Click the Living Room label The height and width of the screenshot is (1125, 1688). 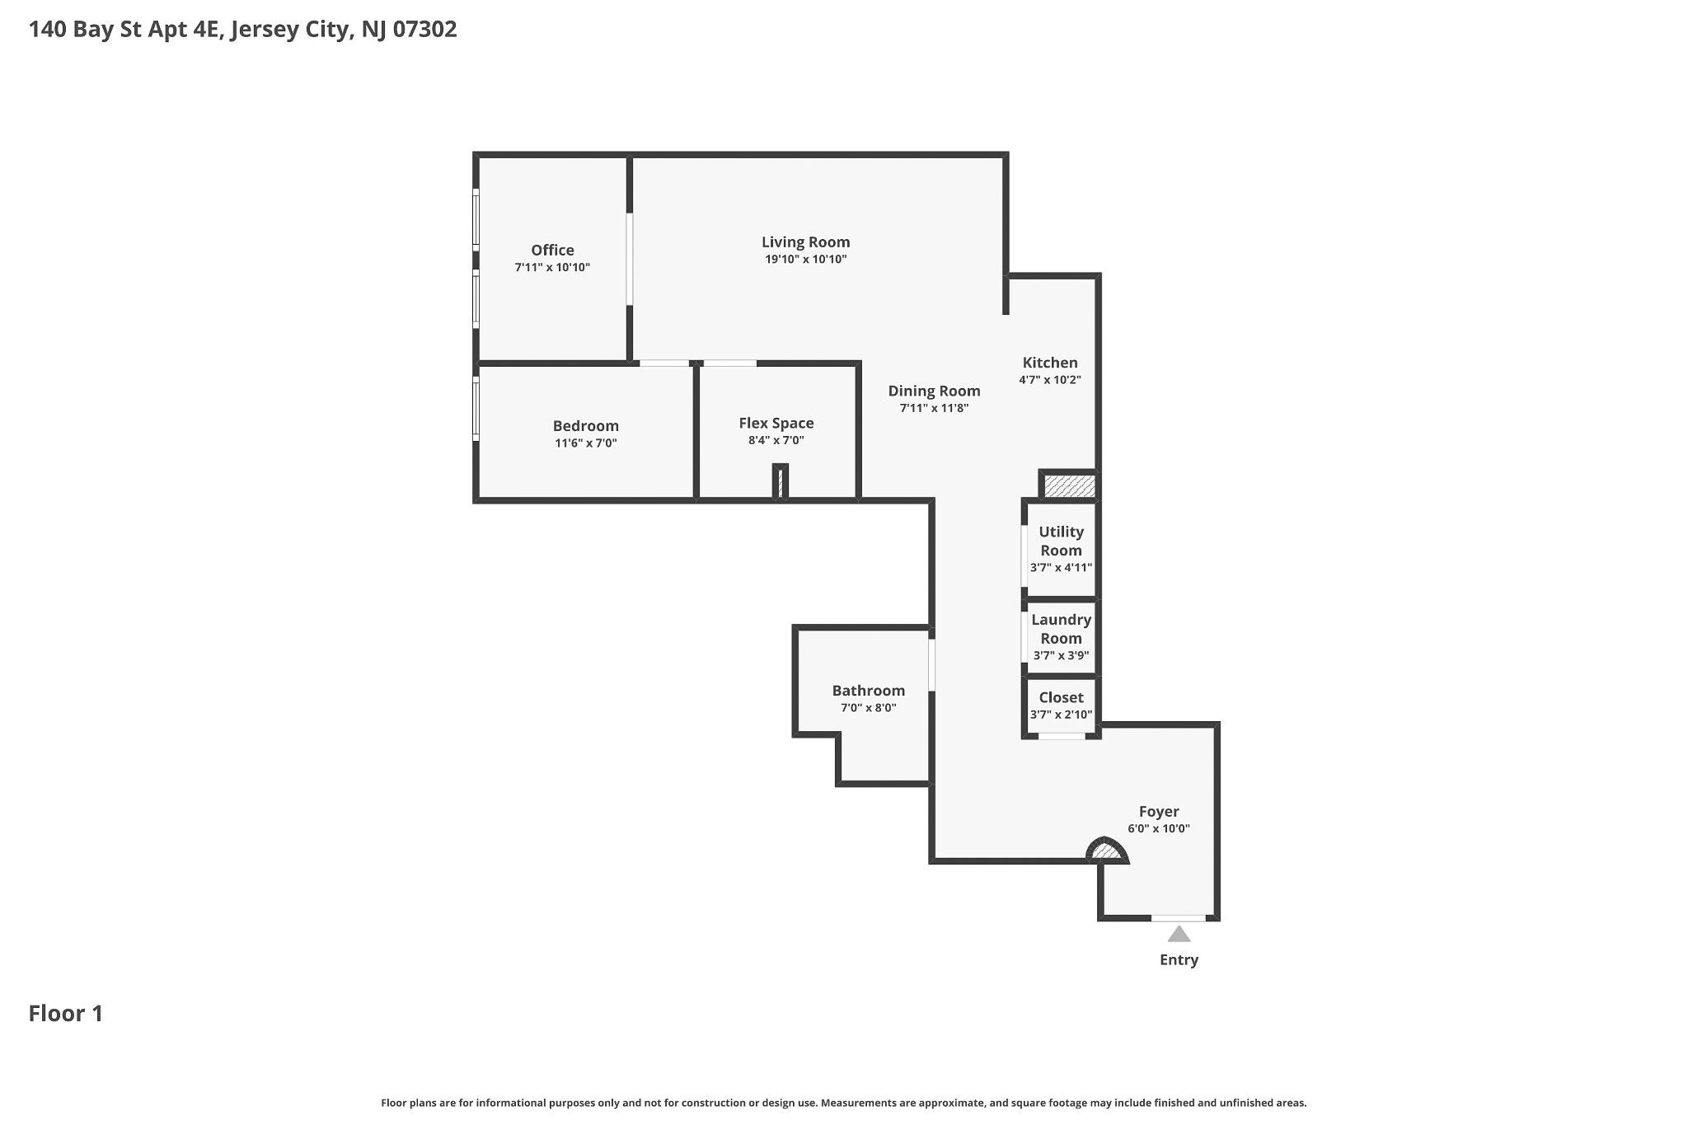coord(805,241)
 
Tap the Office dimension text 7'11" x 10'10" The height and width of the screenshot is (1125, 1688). coord(552,267)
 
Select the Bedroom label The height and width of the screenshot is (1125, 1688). coord(586,425)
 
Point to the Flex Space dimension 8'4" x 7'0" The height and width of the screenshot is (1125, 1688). coord(776,440)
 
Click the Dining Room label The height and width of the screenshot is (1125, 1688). coord(934,391)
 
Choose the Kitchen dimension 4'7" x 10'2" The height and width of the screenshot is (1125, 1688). coord(1050,380)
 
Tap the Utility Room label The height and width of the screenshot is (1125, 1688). coord(1061,541)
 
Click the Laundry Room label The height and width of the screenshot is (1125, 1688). coord(1061,628)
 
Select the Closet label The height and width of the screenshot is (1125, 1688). coord(1061,697)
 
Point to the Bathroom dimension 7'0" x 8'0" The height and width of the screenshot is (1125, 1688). coord(869,708)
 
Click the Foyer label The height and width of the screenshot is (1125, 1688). coord(1159,811)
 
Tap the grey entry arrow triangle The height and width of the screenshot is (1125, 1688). coord(1179,934)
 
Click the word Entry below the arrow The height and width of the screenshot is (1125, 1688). coord(1179,959)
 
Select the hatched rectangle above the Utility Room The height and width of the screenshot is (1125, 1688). coord(1070,485)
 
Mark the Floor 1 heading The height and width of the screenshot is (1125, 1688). coord(66,1013)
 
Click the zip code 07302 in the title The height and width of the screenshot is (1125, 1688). coord(424,29)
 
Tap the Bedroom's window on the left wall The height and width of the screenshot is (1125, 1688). coord(476,407)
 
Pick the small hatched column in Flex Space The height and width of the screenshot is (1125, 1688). coord(780,482)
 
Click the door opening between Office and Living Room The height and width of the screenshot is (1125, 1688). coord(630,260)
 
